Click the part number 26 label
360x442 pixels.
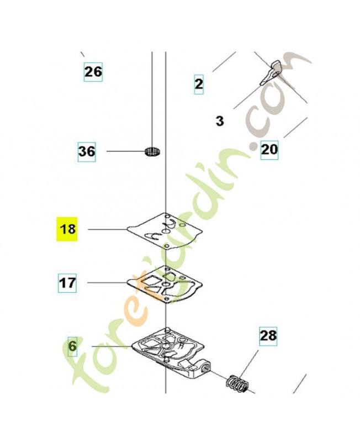point(93,72)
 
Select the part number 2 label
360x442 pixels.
point(199,84)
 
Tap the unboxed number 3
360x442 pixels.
point(219,121)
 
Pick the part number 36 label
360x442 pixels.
point(87,151)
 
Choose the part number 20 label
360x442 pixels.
point(269,150)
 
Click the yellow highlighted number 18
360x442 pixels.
point(67,229)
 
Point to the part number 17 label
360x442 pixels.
point(67,283)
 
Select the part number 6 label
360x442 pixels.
point(72,346)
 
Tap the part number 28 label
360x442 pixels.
point(268,336)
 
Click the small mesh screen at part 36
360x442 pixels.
point(152,151)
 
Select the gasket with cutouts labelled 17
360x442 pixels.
point(165,284)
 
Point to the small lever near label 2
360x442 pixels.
point(271,72)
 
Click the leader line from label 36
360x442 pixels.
point(126,151)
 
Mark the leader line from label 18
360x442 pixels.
point(107,229)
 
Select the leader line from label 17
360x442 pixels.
point(107,282)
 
